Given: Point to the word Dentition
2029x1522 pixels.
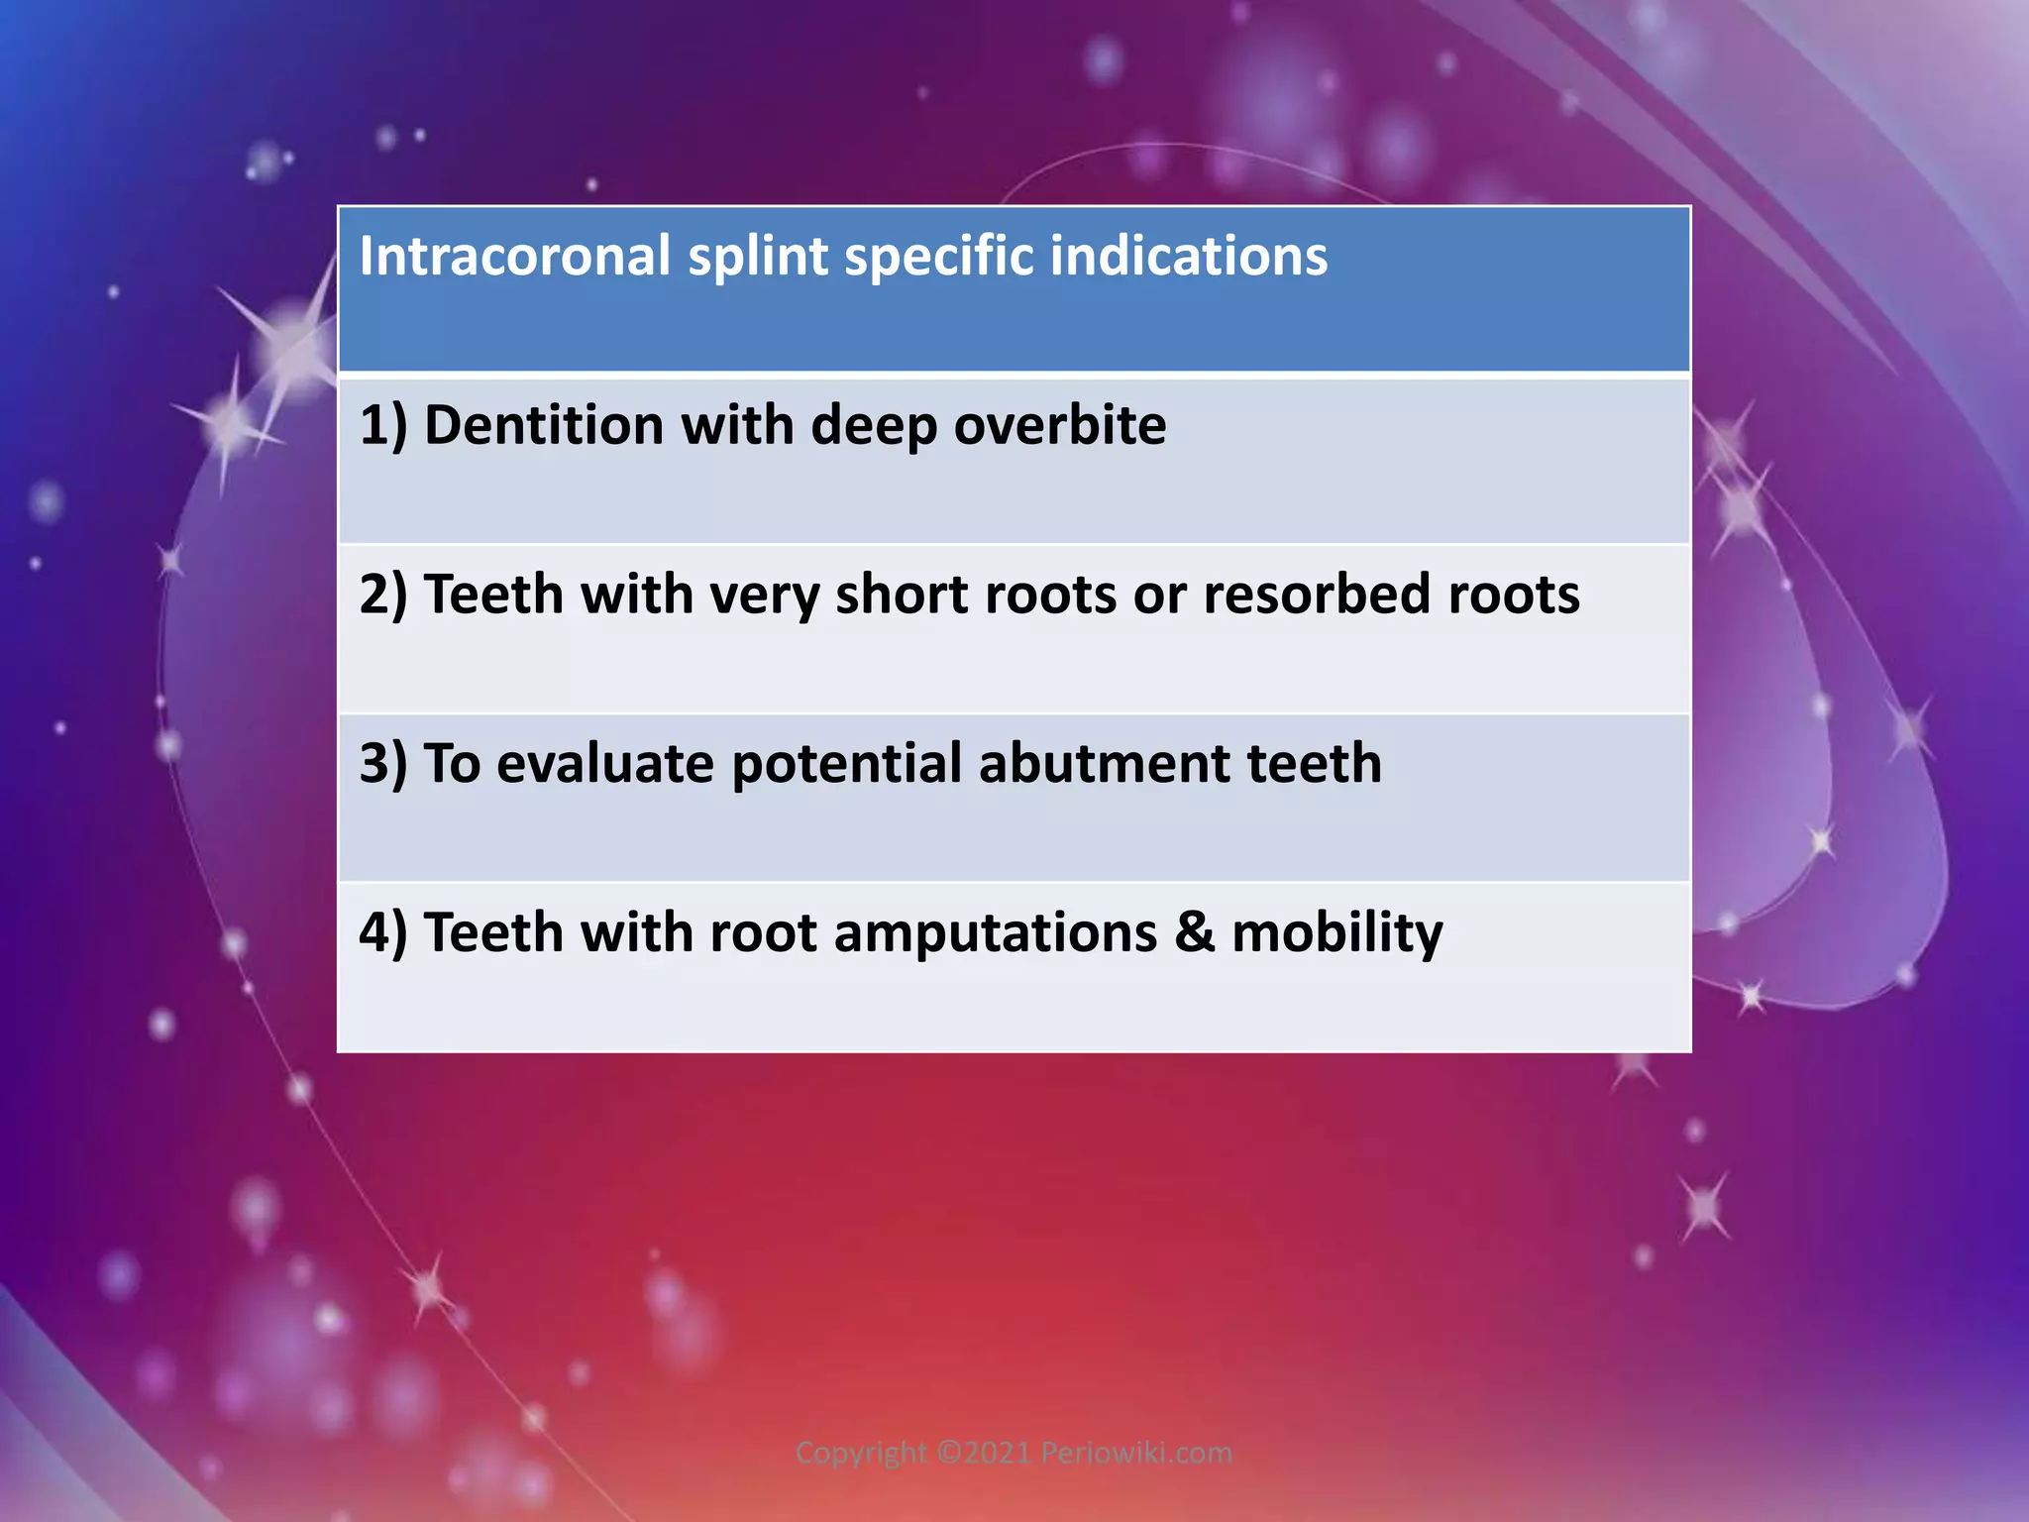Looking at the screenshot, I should (x=544, y=425).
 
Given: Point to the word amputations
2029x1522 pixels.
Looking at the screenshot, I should (x=995, y=933).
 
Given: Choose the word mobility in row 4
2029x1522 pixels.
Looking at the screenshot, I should (x=1336, y=933).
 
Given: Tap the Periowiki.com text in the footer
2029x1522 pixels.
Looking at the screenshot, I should (x=1136, y=1453).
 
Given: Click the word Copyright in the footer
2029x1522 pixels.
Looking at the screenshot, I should (x=861, y=1453).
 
